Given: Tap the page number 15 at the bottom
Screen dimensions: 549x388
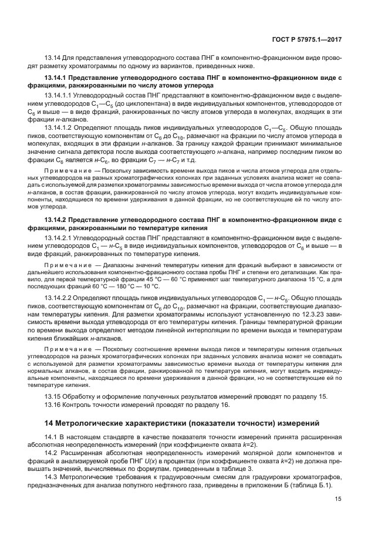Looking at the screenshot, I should click(x=338, y=500).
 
